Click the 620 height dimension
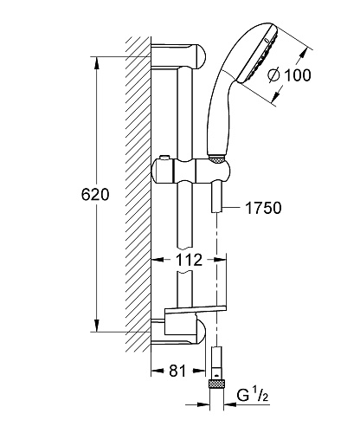(95, 195)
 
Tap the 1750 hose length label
(263, 208)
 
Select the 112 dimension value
(189, 260)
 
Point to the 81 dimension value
(177, 371)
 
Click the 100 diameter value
(298, 75)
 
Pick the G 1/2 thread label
(253, 395)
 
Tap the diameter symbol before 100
(273, 75)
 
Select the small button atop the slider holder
(164, 157)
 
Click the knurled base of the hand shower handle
(216, 159)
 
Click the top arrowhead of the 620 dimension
(97, 62)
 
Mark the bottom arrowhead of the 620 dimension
(97, 326)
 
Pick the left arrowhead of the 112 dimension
(157, 260)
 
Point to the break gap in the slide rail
(184, 260)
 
